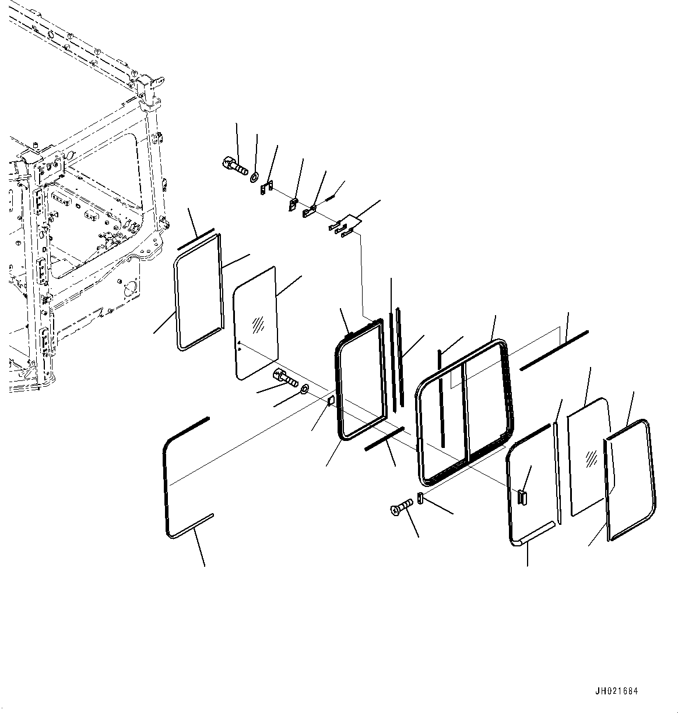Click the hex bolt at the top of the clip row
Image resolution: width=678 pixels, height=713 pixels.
[x=234, y=165]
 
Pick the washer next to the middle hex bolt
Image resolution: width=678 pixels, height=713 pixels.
[x=305, y=388]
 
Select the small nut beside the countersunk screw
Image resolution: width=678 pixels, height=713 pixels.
[x=421, y=499]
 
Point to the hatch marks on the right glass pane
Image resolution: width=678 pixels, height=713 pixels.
[x=591, y=458]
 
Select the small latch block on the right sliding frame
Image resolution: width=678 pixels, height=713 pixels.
[x=522, y=496]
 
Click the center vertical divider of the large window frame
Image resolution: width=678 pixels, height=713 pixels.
[x=466, y=411]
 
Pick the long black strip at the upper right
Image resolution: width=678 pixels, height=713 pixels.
[x=553, y=350]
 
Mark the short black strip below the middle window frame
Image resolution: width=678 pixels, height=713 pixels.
[x=384, y=439]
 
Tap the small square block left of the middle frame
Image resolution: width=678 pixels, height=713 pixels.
[x=331, y=401]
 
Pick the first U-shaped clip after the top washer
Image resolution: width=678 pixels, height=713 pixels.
[x=267, y=189]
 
